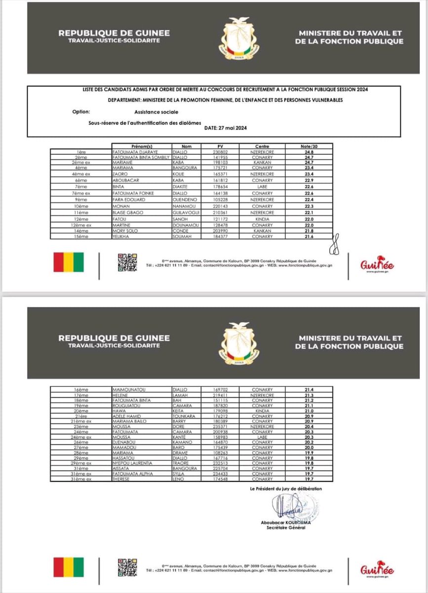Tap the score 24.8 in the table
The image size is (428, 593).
(309, 152)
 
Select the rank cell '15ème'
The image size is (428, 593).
(80, 236)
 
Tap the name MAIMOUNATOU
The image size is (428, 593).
(129, 390)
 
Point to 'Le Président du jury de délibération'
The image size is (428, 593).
(286, 489)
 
